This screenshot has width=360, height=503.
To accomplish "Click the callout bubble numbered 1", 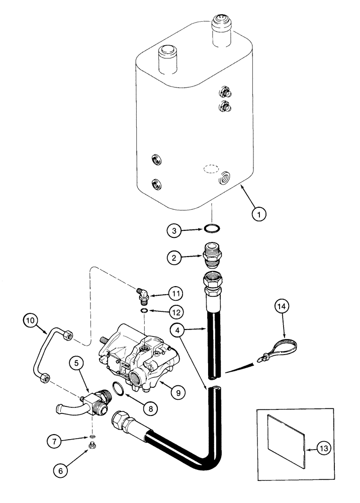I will click(x=258, y=214).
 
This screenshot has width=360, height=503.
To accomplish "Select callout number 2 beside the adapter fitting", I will click(x=174, y=258).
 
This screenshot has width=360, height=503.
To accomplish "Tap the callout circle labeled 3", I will click(x=174, y=231).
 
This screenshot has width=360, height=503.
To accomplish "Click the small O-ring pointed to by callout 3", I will click(x=212, y=230).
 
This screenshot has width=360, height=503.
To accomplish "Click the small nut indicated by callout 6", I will click(x=93, y=446).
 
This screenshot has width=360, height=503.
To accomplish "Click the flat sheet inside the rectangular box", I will click(x=286, y=439).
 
